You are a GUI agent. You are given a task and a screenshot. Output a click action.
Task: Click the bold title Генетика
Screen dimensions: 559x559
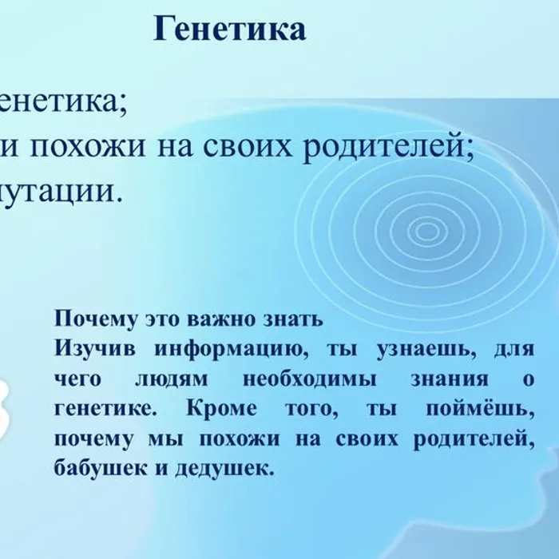tap(229, 30)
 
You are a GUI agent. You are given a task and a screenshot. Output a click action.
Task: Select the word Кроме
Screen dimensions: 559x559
tap(221, 409)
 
